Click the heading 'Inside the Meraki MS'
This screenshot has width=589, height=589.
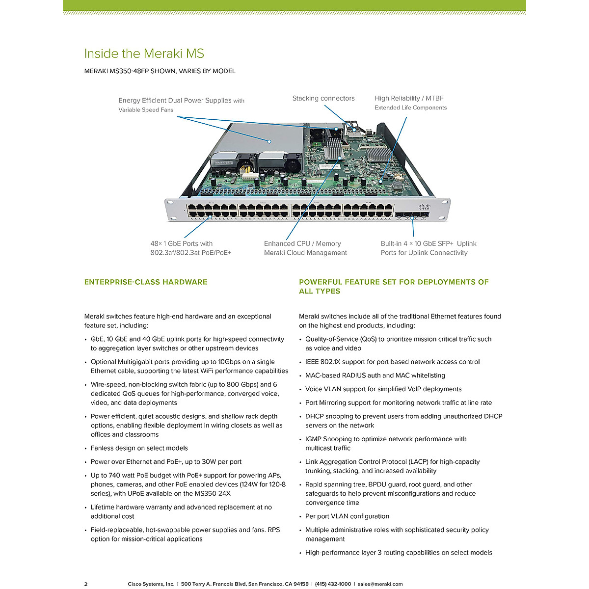[x=144, y=54]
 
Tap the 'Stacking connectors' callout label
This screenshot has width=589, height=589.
[x=323, y=98]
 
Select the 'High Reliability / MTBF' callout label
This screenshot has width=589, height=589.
[x=409, y=98]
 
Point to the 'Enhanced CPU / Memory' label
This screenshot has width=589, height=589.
[x=302, y=243]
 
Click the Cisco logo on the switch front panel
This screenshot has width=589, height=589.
[x=424, y=207]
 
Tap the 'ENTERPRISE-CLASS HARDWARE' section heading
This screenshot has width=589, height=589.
[x=146, y=282]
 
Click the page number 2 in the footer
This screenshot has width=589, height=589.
[x=86, y=584]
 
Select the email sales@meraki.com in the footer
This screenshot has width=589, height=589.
[x=380, y=584]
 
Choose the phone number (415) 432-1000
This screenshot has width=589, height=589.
[x=333, y=584]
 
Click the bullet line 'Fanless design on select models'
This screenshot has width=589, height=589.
[x=139, y=448]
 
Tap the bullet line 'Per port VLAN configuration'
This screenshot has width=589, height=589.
[x=347, y=516]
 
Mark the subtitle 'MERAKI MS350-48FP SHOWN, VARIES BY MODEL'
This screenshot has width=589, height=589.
[x=160, y=71]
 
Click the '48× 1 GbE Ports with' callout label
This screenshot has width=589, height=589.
[x=182, y=243]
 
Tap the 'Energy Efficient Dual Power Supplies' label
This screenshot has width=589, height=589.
[x=175, y=100]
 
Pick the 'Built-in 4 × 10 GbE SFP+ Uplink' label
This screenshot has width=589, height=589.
[x=428, y=243]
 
